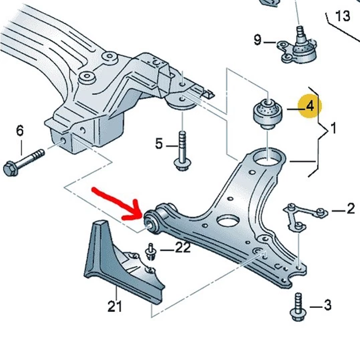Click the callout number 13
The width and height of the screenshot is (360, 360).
click(x=343, y=16)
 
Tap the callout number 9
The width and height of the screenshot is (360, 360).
click(x=258, y=41)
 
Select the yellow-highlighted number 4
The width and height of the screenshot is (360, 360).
click(x=310, y=107)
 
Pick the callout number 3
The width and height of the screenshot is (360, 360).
click(x=327, y=305)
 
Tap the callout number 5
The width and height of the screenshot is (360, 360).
click(x=159, y=144)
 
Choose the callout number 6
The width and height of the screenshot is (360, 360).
click(x=20, y=131)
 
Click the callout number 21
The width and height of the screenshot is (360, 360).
click(x=115, y=307)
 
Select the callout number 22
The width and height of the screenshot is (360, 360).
click(x=183, y=248)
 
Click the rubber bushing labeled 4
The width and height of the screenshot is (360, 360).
click(x=268, y=114)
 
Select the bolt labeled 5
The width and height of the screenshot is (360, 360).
click(x=182, y=151)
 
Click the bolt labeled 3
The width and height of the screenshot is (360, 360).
click(x=298, y=307)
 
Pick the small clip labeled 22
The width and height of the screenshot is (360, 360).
click(x=150, y=252)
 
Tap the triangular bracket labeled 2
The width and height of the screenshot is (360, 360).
click(x=302, y=215)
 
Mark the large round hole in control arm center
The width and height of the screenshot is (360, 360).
click(x=227, y=221)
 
